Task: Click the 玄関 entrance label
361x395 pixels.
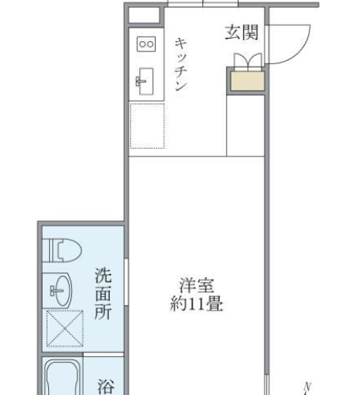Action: point(242,32)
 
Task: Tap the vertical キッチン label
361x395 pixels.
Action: point(181,65)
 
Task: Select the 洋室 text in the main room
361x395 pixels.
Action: point(197,285)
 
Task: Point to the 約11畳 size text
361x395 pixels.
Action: point(197,304)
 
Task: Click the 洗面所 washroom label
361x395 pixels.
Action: point(103,294)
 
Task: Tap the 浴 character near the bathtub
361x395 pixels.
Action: point(106,387)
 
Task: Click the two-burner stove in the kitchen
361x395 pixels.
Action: point(146,44)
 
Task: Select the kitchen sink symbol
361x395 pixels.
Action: point(145,81)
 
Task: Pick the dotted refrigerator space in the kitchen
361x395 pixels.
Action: point(148,126)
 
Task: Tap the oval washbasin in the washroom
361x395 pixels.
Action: point(61,291)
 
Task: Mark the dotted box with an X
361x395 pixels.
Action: point(65,329)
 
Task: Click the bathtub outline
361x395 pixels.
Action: point(62,378)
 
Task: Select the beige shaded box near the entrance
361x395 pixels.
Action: point(247,81)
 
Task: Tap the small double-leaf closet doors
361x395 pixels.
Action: point(248,62)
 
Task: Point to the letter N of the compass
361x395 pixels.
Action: point(307,387)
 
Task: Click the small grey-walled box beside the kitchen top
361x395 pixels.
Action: point(145,16)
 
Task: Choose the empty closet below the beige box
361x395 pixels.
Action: point(246,126)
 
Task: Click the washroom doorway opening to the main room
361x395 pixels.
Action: point(126,282)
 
